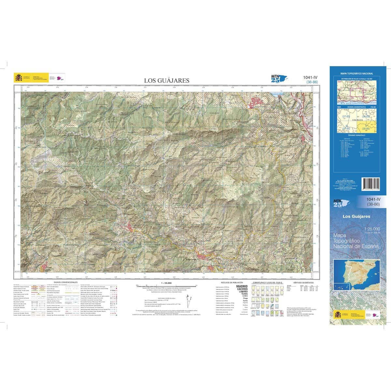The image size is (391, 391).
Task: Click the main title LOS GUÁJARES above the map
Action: point(167,80)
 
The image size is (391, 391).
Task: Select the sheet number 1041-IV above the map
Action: point(311,77)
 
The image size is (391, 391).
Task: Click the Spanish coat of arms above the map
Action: point(18,78)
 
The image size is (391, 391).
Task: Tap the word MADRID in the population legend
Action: point(242,286)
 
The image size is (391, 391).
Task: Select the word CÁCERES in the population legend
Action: point(242,289)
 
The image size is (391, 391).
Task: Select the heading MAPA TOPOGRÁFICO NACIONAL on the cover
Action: point(357,74)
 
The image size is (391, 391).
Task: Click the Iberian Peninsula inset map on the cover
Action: point(357,275)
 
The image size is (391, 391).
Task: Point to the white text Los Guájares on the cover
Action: point(356,216)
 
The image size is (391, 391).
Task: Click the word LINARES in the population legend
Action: point(242,292)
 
